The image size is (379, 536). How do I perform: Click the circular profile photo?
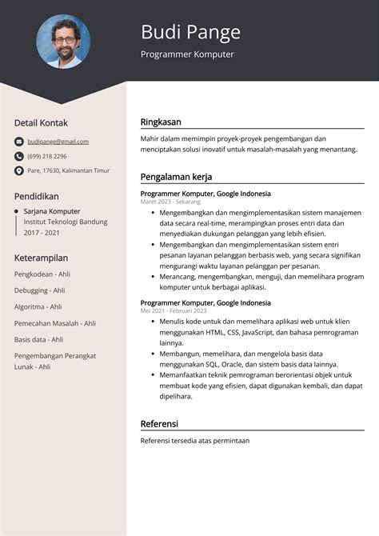click(x=63, y=41)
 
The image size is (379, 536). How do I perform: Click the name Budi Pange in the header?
click(x=190, y=32)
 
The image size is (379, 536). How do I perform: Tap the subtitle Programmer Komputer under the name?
click(x=187, y=54)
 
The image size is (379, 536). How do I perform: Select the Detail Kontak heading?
click(x=41, y=122)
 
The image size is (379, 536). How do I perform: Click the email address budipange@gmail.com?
click(x=58, y=142)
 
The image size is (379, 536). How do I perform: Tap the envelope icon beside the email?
click(x=19, y=142)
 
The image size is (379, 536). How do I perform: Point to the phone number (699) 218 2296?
click(x=47, y=156)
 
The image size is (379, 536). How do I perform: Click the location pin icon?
click(x=19, y=170)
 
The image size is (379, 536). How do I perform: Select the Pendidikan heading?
click(x=37, y=195)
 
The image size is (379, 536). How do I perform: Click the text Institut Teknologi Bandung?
click(x=65, y=222)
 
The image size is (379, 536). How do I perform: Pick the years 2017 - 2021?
click(x=42, y=233)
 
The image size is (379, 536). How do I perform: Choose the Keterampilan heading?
click(x=41, y=258)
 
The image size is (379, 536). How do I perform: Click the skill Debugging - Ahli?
click(x=39, y=290)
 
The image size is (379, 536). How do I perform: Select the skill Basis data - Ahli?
click(x=38, y=339)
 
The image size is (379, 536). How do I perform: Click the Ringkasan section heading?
click(x=161, y=122)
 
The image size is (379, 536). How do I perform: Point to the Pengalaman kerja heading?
click(x=176, y=177)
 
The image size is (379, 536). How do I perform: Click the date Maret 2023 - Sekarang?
click(x=170, y=202)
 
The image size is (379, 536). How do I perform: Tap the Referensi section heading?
click(x=159, y=423)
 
